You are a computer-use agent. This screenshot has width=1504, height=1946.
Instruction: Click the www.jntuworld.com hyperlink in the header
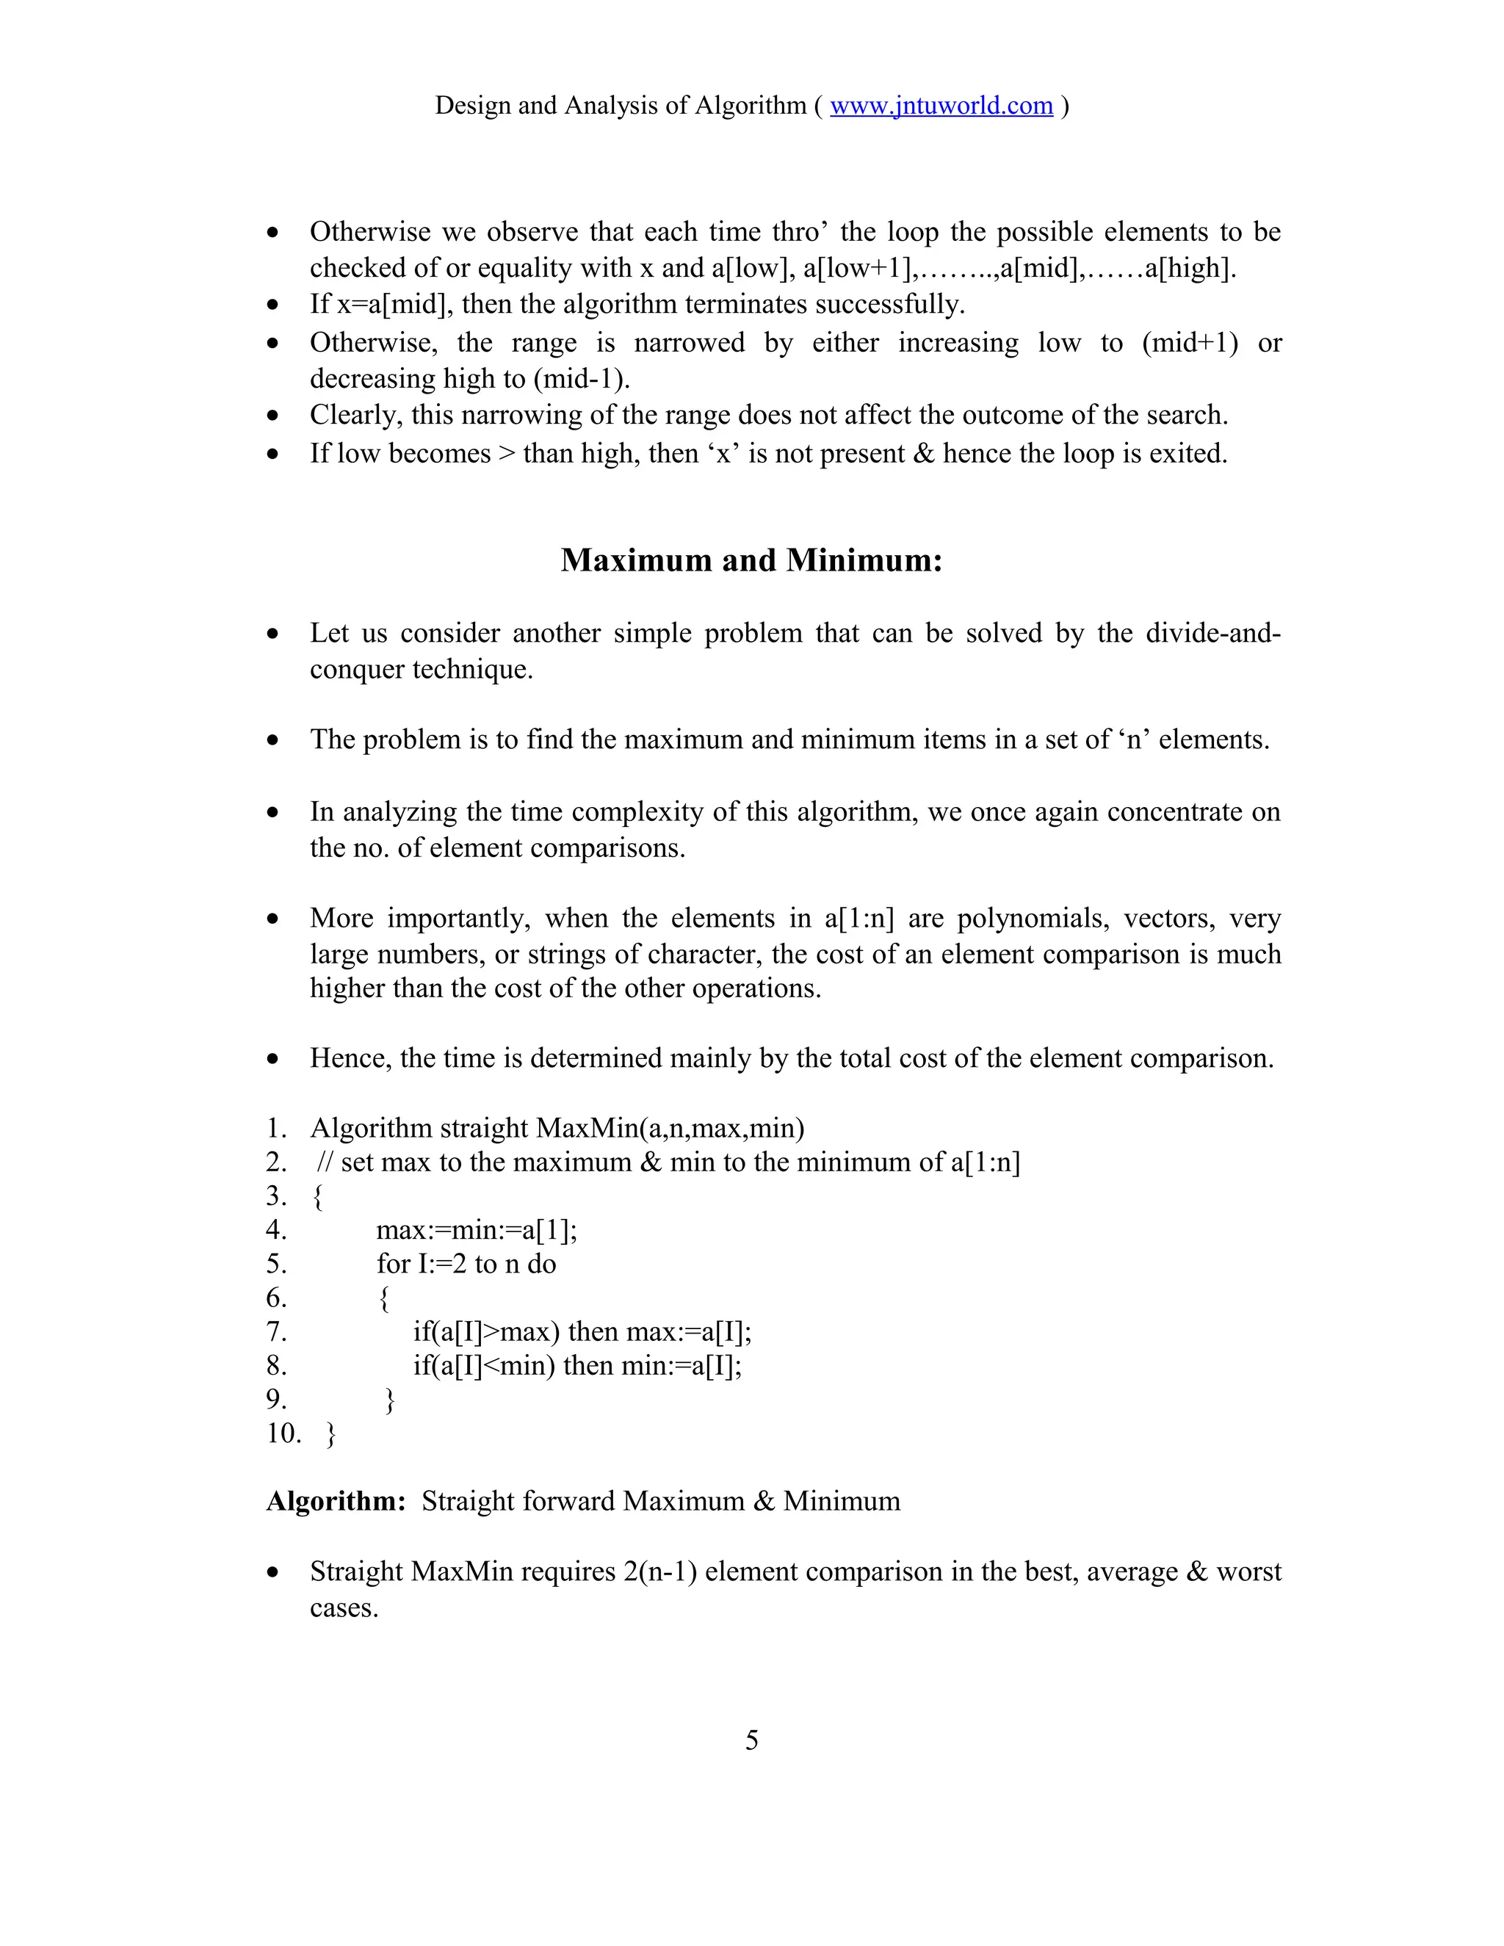(x=941, y=106)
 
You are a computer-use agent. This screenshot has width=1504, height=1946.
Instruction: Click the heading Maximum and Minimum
(x=751, y=560)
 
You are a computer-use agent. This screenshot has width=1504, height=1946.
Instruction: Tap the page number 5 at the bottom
(x=751, y=1740)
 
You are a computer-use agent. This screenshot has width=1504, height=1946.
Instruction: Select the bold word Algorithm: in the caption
(x=336, y=1502)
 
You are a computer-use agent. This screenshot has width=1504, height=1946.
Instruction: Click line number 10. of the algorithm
(x=283, y=1433)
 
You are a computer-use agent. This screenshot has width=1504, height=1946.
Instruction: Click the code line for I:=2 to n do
(x=466, y=1265)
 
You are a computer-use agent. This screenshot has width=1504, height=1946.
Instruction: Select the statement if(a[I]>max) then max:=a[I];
(x=582, y=1332)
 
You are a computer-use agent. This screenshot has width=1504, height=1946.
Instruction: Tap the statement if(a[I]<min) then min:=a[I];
(x=576, y=1366)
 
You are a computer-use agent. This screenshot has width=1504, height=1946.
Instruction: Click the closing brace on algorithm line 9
(x=389, y=1400)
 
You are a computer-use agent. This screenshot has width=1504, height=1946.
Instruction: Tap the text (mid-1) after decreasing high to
(x=581, y=380)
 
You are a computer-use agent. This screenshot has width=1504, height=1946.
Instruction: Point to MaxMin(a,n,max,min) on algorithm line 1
(x=670, y=1129)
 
